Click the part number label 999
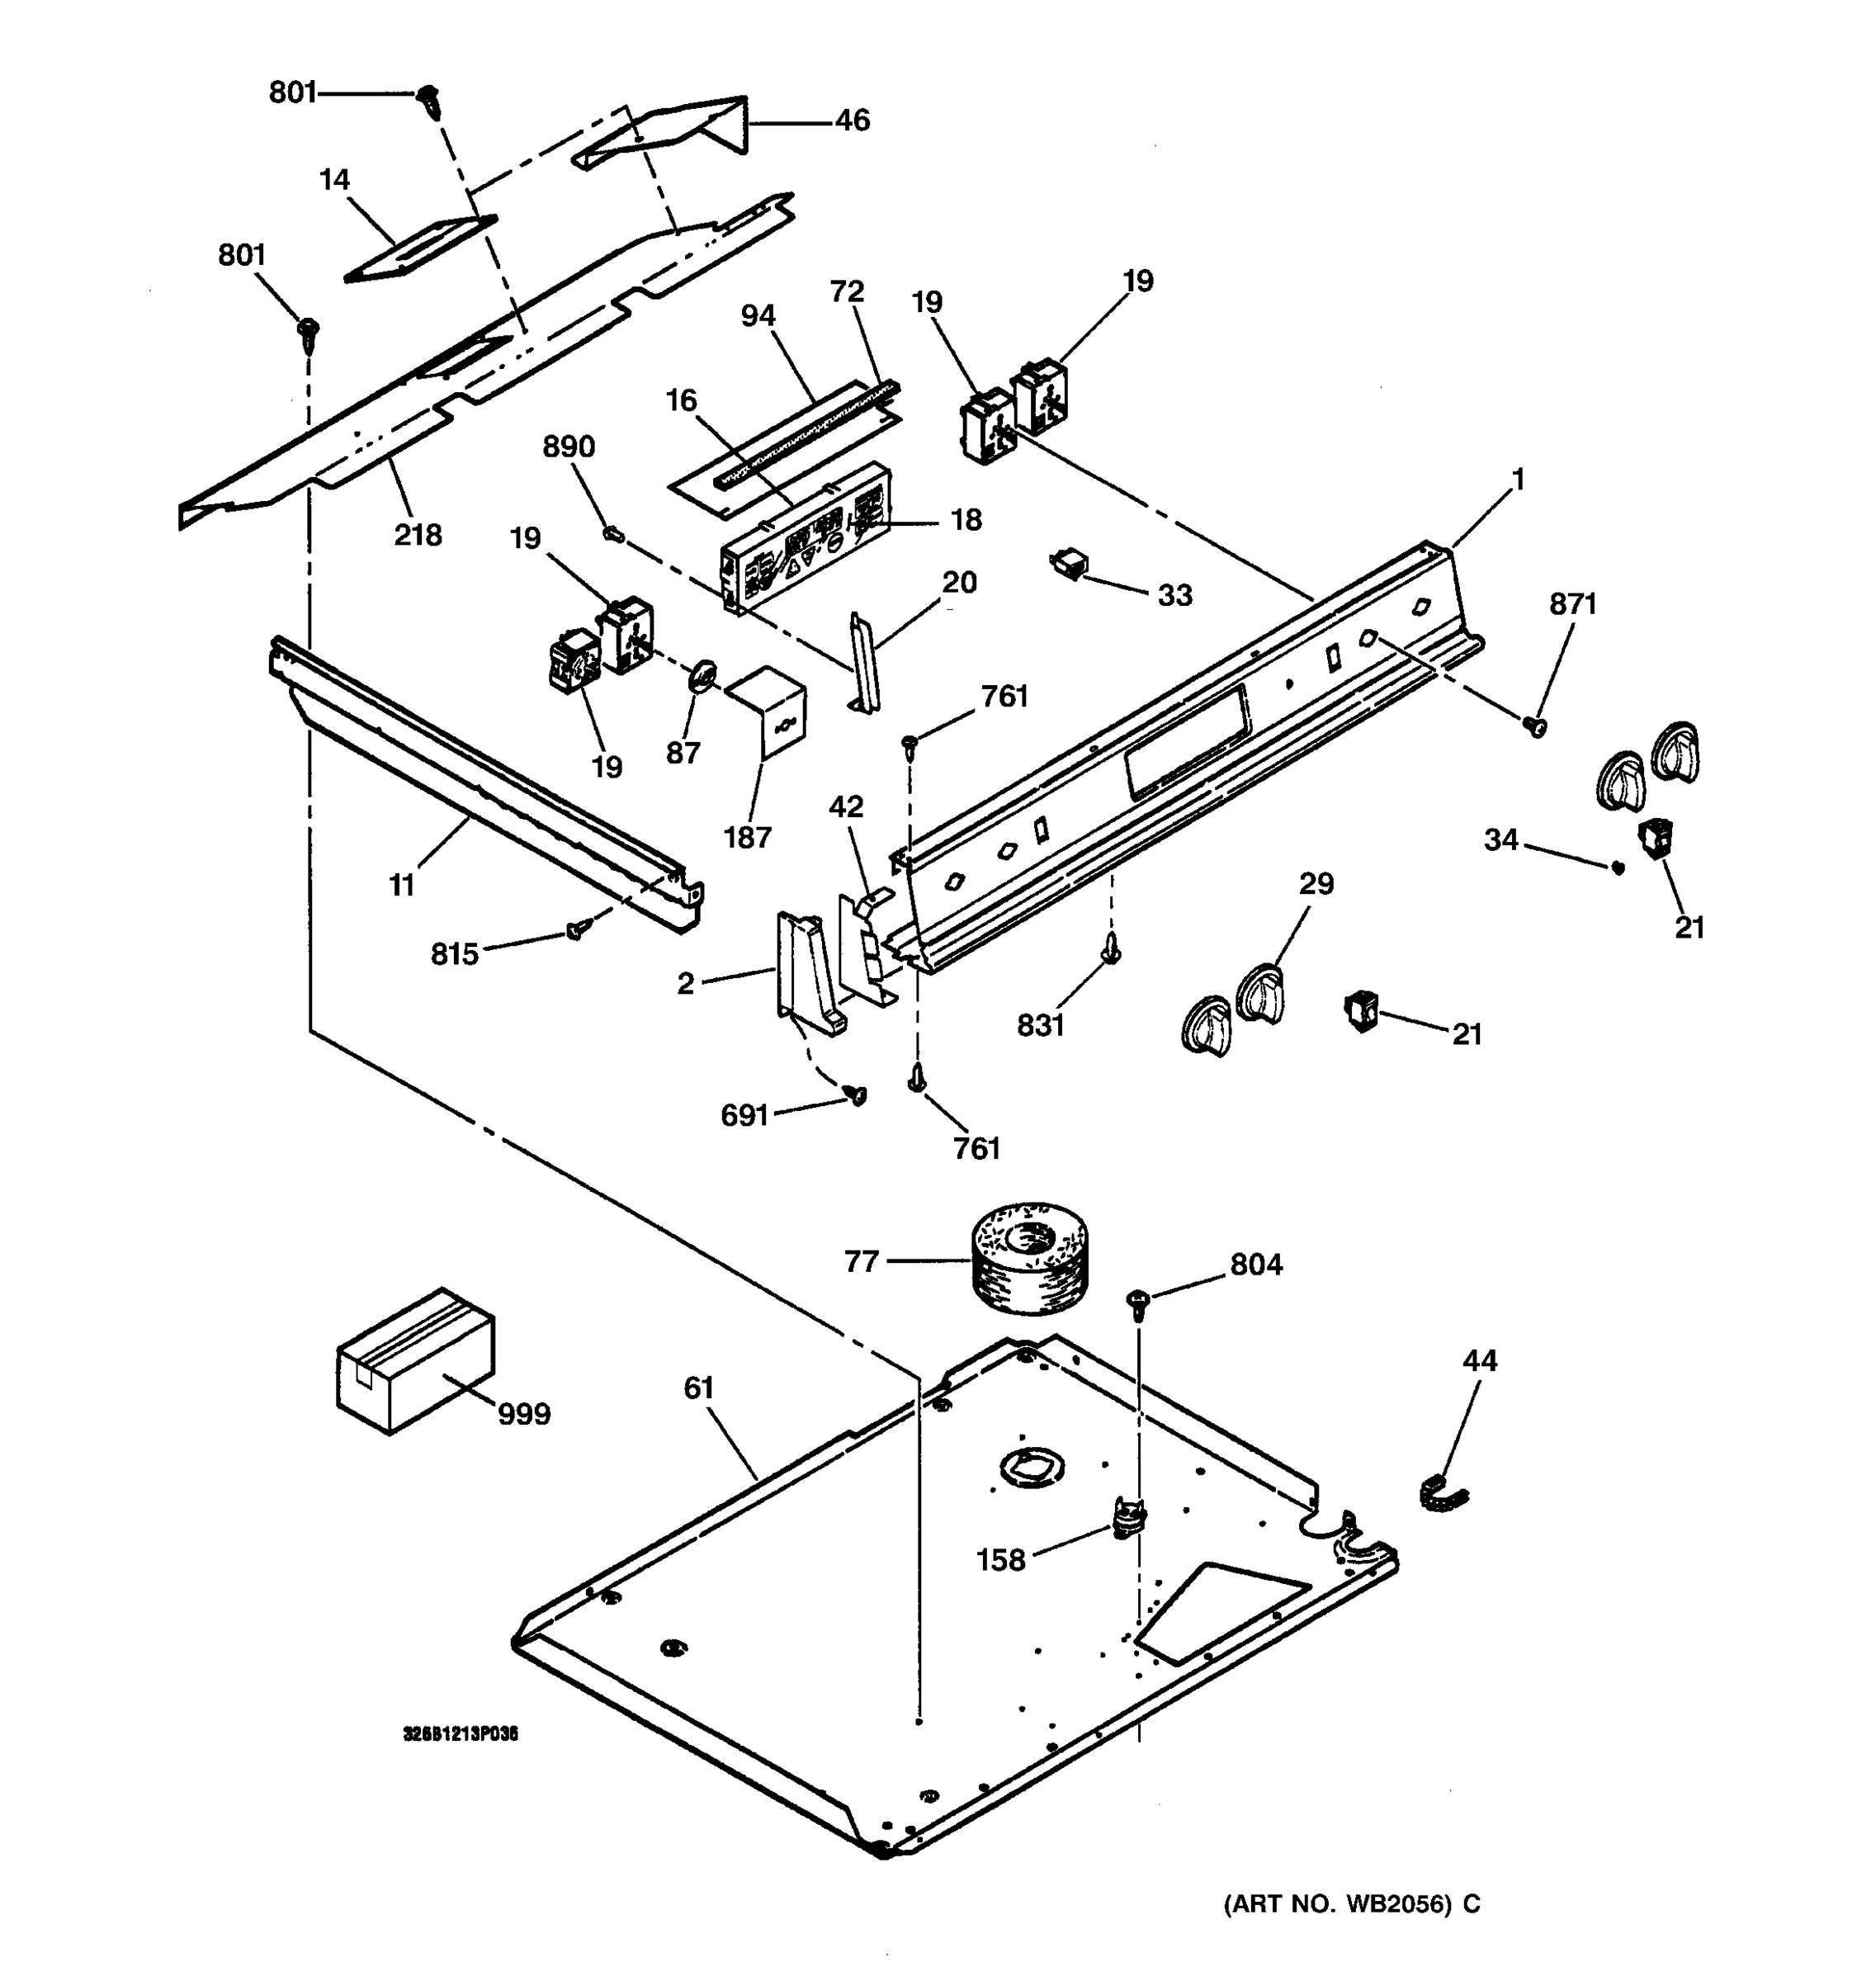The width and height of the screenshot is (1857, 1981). tap(524, 1414)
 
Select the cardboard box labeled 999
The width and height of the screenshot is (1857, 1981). tap(414, 1360)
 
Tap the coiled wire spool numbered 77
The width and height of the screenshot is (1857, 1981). tap(1029, 1258)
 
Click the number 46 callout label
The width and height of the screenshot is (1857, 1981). tap(852, 121)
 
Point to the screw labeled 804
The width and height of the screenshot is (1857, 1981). tap(1137, 1299)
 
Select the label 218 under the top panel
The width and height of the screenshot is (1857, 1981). tap(418, 536)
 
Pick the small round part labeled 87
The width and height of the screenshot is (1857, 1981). tap(702, 676)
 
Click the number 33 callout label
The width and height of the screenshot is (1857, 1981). tap(1174, 596)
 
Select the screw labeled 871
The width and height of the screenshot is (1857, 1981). tap(1535, 728)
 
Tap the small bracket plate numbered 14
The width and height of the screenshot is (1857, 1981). tap(420, 249)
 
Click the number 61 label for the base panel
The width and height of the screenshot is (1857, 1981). tap(698, 1389)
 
